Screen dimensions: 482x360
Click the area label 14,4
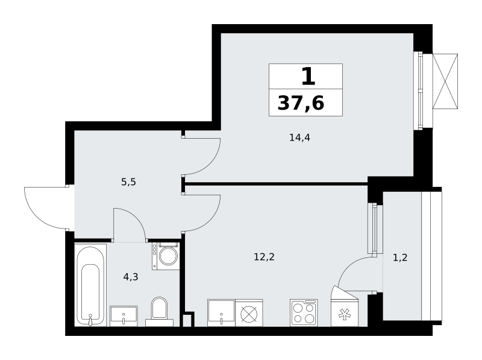[x=299, y=137]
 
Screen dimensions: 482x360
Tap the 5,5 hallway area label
[x=128, y=182]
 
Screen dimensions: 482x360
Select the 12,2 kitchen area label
[x=264, y=257]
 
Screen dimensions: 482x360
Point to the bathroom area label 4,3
[x=131, y=277]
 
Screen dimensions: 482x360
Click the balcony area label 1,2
[x=400, y=257]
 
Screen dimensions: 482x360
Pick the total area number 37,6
[x=301, y=103]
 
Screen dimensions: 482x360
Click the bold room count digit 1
[x=308, y=77]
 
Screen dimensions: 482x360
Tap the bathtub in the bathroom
[x=91, y=285]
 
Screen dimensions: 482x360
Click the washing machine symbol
[x=166, y=256]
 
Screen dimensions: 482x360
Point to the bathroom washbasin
[x=124, y=316]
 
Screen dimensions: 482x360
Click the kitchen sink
[x=221, y=312]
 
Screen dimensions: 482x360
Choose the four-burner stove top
[x=304, y=312]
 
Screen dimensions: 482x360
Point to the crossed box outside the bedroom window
[x=445, y=81]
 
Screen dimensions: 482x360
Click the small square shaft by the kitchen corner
[x=187, y=320]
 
